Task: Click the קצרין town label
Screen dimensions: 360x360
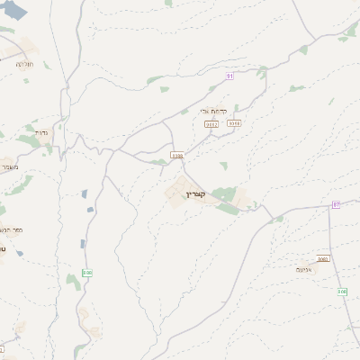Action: (196, 194)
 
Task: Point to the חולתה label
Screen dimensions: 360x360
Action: (24, 65)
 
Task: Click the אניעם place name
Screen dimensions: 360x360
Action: (303, 268)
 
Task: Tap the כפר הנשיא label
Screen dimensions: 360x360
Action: (13, 230)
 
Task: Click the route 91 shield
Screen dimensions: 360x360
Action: (229, 76)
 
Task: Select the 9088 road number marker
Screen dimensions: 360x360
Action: (177, 155)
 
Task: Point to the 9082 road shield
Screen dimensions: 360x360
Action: (212, 123)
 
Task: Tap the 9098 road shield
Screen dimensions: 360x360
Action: (234, 122)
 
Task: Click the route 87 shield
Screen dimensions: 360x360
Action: (336, 205)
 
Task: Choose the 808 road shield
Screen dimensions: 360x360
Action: (342, 292)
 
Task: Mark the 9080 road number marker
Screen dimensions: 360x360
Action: (322, 259)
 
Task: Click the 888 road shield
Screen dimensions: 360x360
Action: (86, 272)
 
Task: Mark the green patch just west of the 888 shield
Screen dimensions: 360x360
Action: (73, 282)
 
